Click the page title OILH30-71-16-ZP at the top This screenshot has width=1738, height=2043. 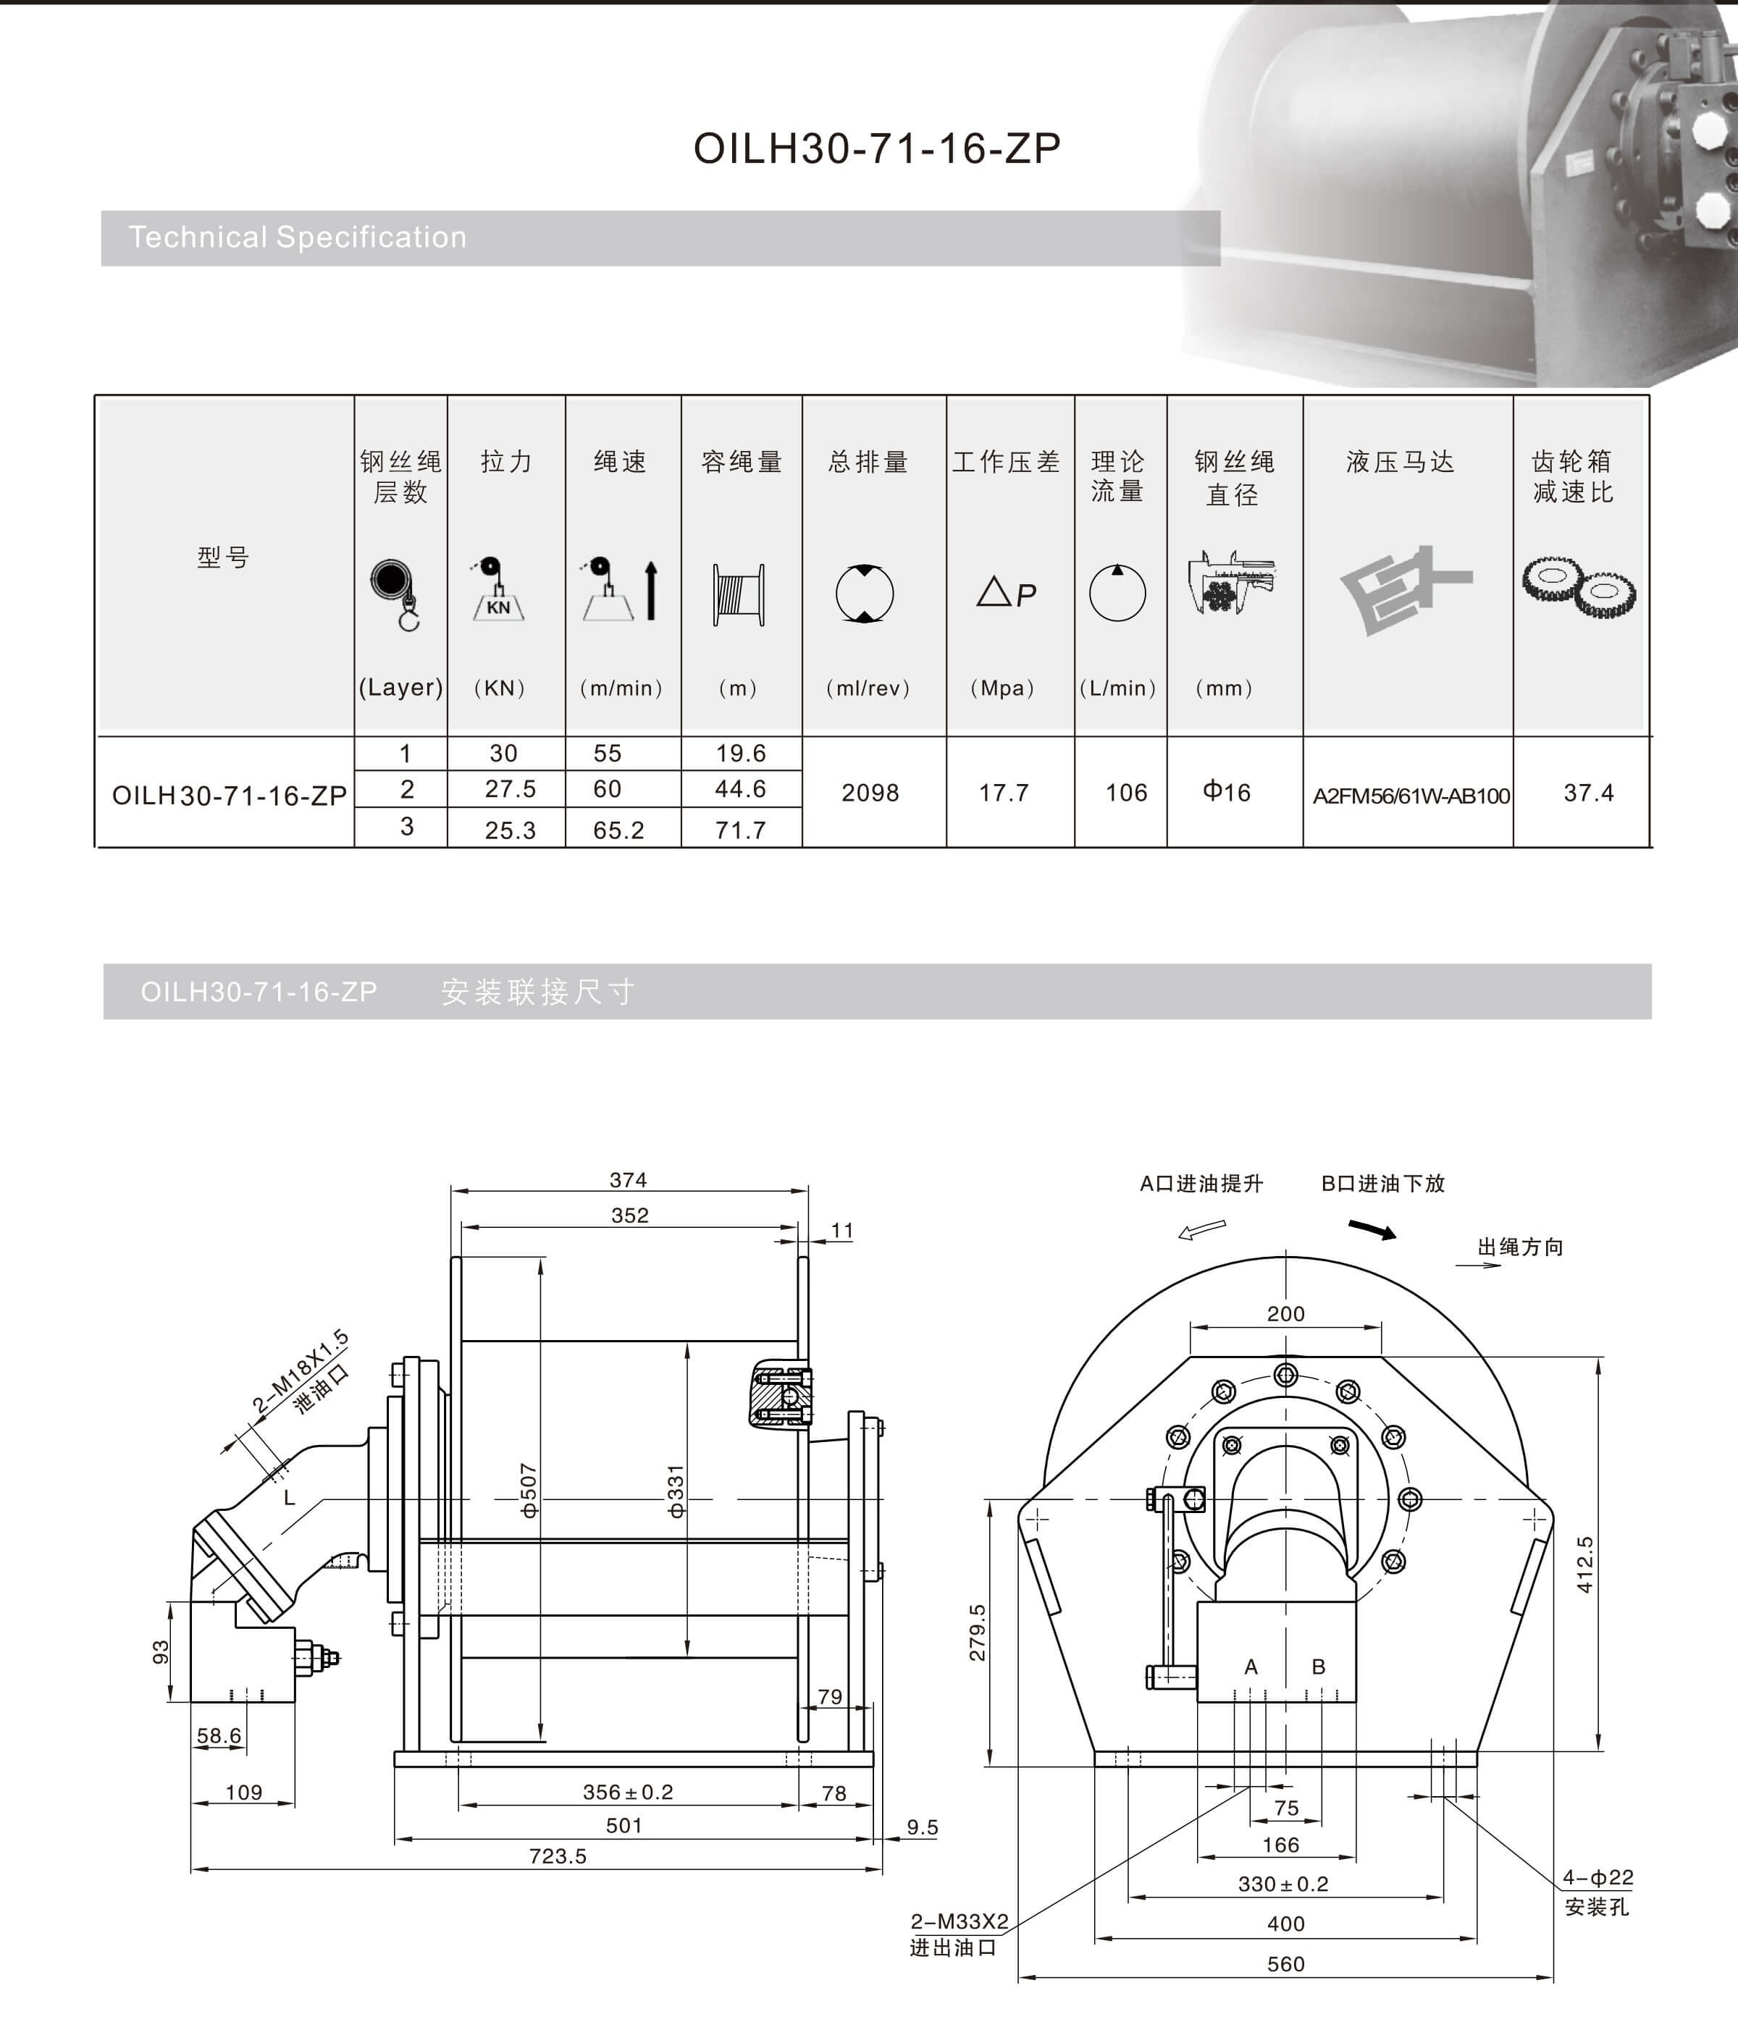pyautogui.click(x=877, y=148)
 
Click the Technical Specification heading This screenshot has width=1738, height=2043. pyautogui.click(x=298, y=237)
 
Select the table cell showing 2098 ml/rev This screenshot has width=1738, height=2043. pyautogui.click(x=870, y=793)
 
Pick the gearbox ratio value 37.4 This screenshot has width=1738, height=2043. pyautogui.click(x=1588, y=793)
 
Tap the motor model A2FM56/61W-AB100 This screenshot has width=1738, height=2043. pyautogui.click(x=1411, y=796)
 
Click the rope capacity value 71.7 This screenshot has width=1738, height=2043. pyautogui.click(x=740, y=830)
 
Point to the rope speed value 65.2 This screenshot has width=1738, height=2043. pyautogui.click(x=618, y=830)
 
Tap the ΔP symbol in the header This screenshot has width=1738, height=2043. pyautogui.click(x=1006, y=593)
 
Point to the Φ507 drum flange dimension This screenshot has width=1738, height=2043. pyautogui.click(x=529, y=1491)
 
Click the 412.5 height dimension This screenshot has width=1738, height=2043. pyautogui.click(x=1584, y=1564)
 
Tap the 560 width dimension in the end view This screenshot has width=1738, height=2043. pyautogui.click(x=1286, y=1964)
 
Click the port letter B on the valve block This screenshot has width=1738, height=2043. pyautogui.click(x=1318, y=1667)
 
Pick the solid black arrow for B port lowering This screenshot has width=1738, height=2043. pyautogui.click(x=1372, y=1229)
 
